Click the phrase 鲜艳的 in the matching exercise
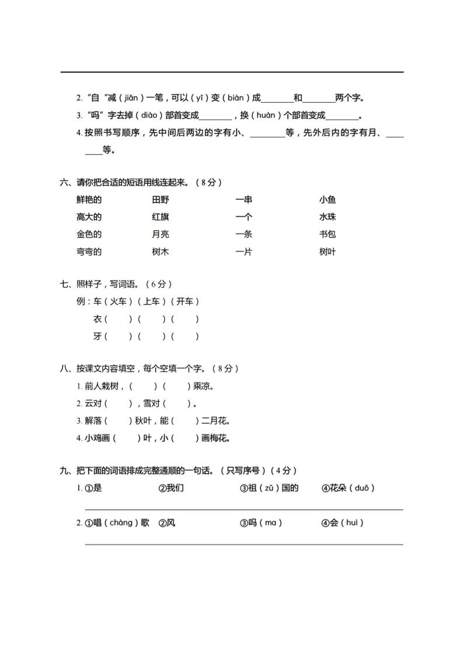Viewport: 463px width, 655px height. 89,200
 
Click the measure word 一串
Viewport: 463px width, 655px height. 244,200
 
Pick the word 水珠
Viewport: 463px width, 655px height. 328,217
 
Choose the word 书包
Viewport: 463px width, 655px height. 328,235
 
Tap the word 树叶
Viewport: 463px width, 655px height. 328,252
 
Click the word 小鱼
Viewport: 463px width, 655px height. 328,200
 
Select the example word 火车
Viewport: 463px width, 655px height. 117,302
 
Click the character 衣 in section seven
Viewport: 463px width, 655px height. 98,319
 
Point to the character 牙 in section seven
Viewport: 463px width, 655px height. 98,337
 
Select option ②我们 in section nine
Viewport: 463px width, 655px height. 171,488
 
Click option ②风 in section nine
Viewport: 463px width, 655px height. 167,523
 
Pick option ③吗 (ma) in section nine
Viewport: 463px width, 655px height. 260,523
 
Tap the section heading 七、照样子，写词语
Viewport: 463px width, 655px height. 117,284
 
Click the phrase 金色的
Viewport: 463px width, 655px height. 89,235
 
